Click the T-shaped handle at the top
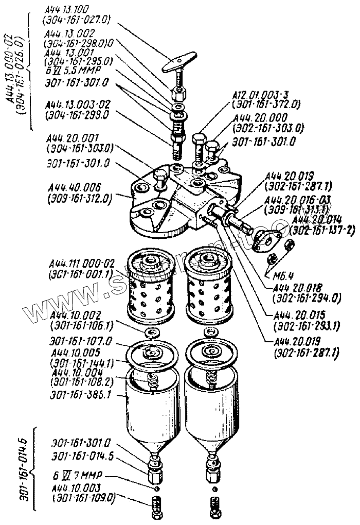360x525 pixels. click(178, 64)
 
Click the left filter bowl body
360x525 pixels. click(153, 412)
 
